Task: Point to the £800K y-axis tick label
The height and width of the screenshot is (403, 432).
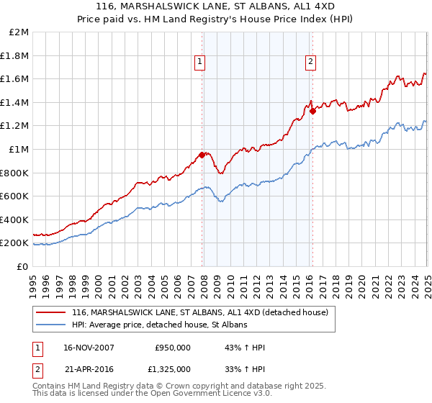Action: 15,173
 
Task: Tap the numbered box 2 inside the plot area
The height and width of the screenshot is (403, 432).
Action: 310,62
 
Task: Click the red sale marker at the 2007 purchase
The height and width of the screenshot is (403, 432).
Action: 202,155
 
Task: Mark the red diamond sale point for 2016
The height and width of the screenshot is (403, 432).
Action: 313,111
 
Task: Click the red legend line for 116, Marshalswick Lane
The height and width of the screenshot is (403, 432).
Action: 50,312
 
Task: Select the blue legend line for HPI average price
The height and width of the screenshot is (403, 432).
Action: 50,325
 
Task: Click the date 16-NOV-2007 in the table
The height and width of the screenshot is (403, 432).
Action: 89,348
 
